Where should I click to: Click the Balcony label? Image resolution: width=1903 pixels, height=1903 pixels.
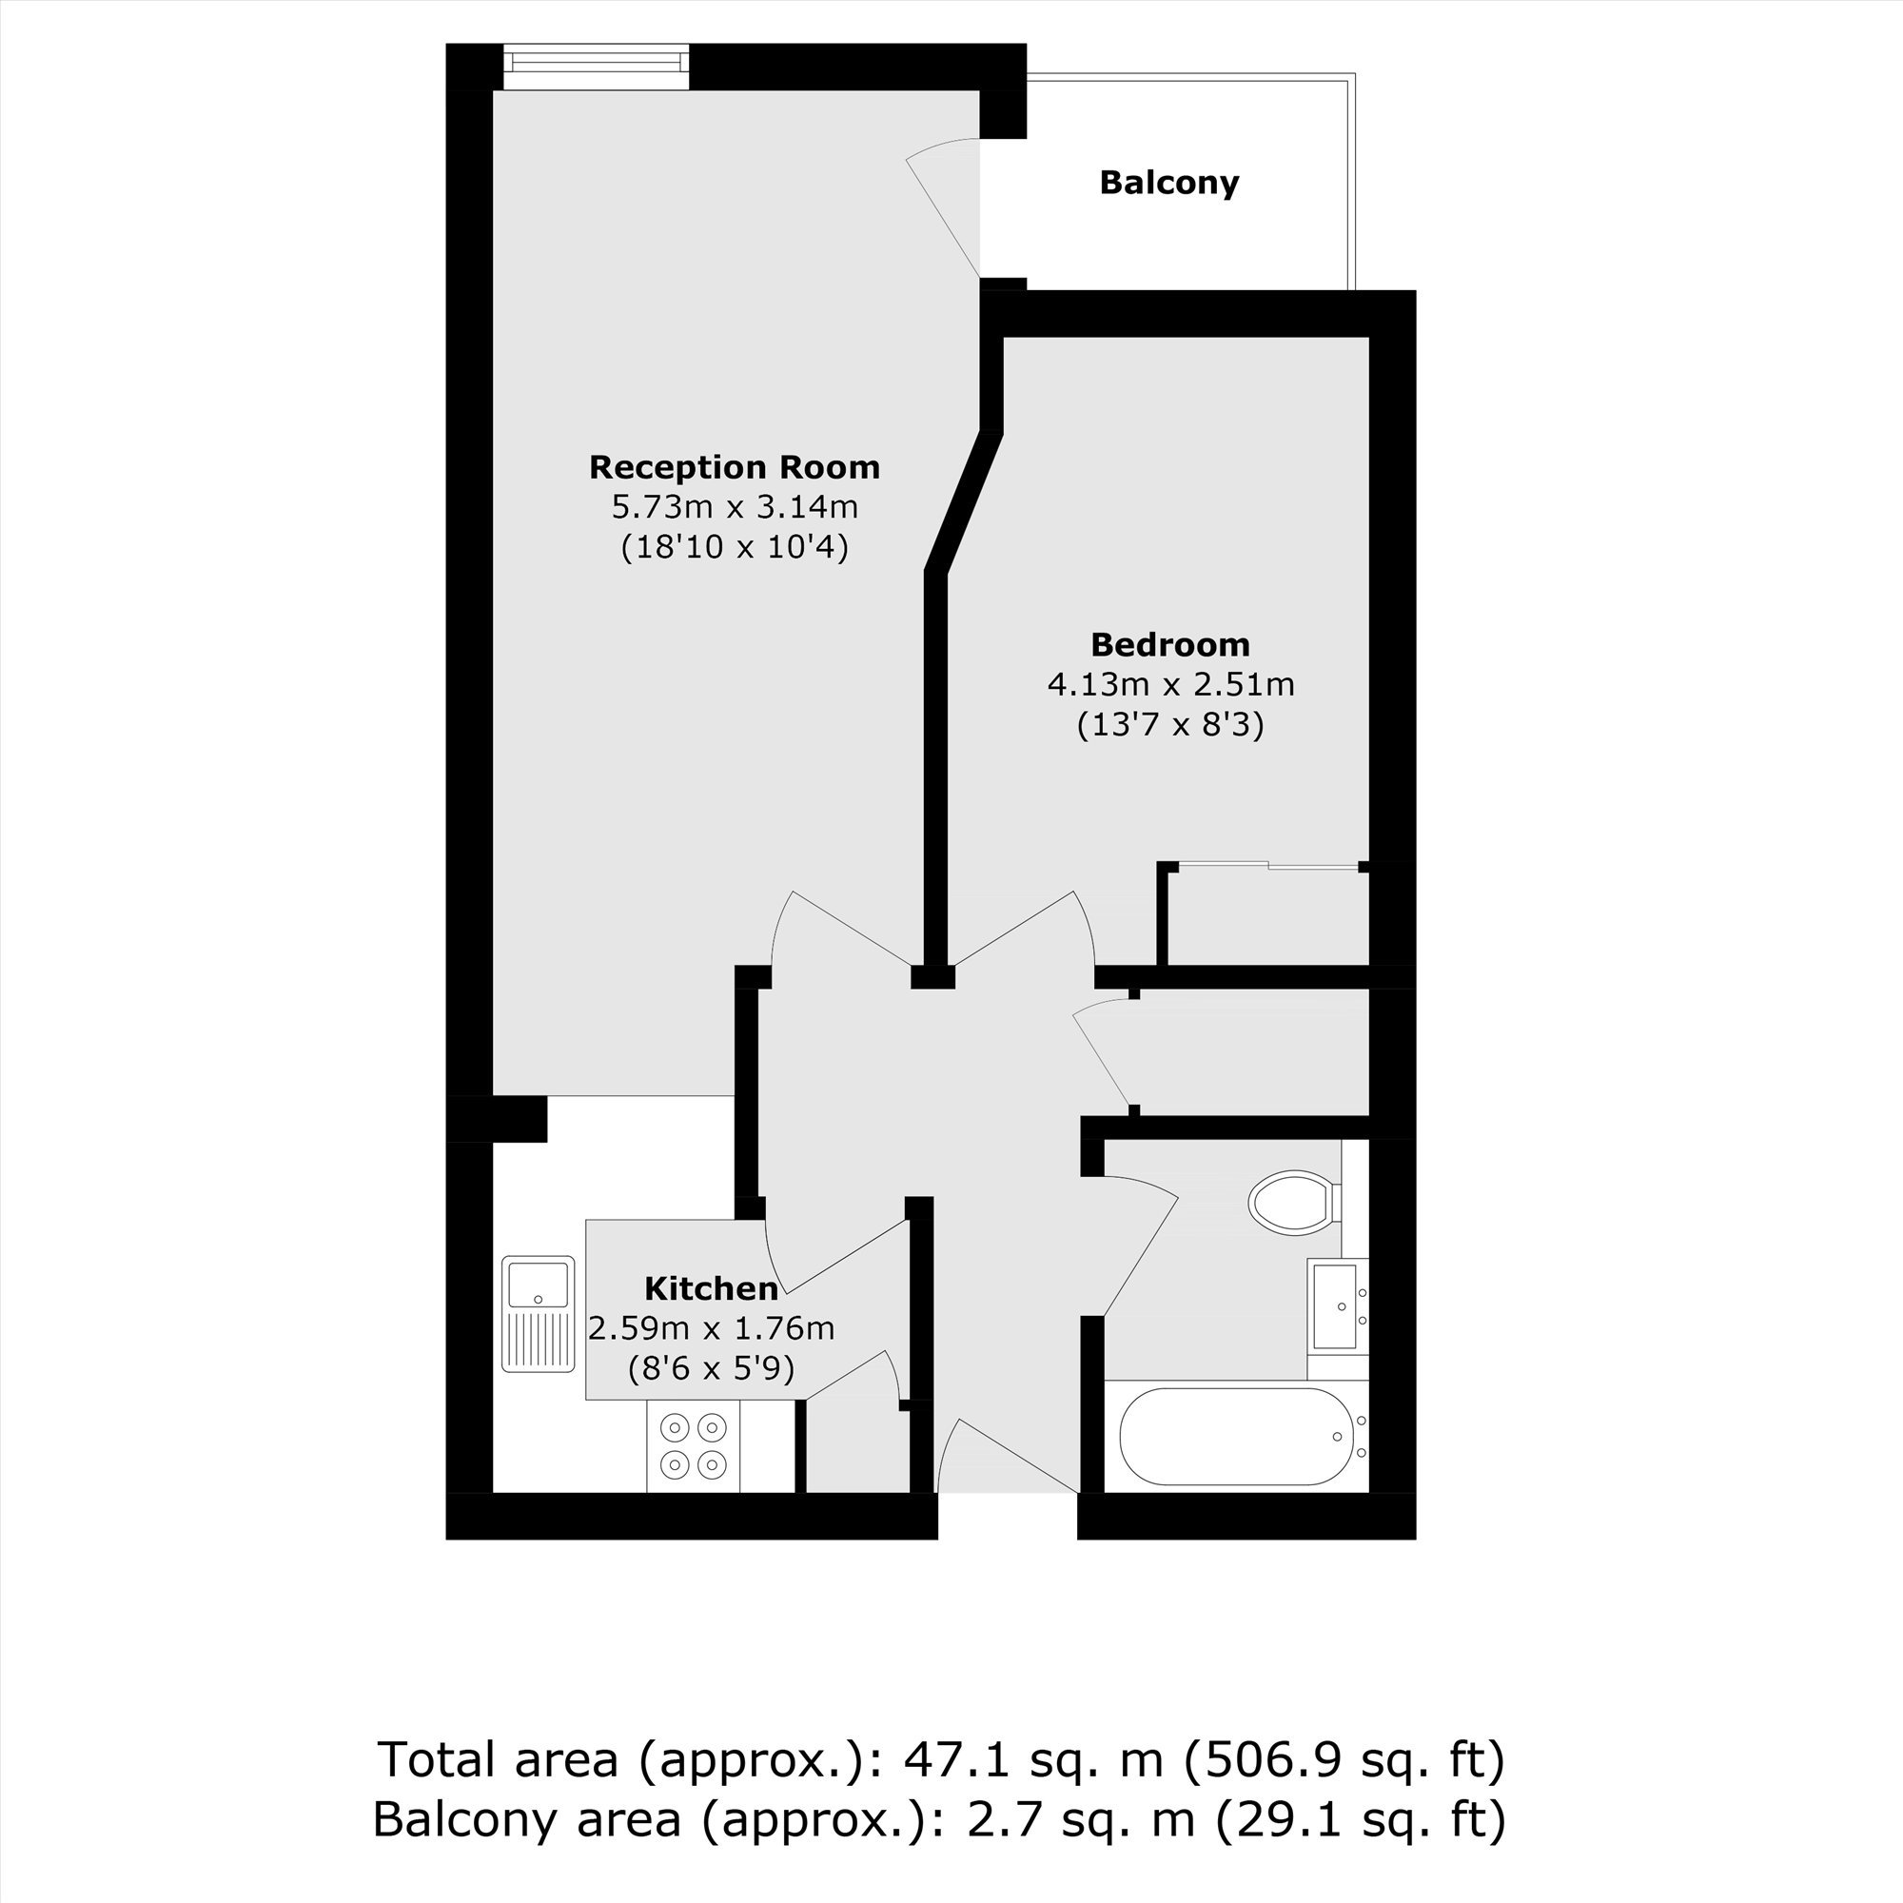1169,184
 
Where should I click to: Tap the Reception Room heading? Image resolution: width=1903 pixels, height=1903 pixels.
735,467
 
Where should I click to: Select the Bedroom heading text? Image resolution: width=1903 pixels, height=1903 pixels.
1170,644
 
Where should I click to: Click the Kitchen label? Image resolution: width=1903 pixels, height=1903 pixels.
711,1287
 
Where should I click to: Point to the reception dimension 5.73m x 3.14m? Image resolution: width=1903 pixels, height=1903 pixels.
735,506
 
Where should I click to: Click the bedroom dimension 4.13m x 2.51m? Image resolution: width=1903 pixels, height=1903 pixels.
1170,683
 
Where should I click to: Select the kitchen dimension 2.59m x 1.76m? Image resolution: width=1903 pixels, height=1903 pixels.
711,1327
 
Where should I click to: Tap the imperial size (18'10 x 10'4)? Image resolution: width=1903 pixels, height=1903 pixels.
735,547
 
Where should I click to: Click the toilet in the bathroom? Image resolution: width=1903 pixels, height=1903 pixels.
1294,1202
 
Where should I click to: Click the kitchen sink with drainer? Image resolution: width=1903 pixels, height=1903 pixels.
538,1313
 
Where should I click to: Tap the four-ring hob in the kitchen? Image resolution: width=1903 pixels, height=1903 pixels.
693,1445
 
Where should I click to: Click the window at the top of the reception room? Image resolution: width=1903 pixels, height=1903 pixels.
596,67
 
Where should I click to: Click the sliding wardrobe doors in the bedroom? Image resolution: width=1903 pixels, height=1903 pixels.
1267,865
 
